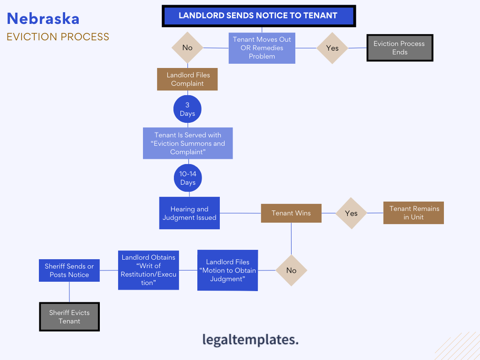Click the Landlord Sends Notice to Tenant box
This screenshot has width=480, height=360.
[258, 15]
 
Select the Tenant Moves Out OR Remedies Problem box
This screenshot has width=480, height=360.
[262, 48]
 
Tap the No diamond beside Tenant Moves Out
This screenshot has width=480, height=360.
[187, 48]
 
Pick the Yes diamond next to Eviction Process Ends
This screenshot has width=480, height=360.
[332, 48]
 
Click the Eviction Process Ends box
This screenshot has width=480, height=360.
[399, 48]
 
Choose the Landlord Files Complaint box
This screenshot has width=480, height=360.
[187, 79]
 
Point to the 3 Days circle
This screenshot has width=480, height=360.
[187, 109]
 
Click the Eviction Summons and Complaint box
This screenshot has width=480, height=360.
[188, 143]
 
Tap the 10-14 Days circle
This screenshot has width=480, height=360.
[188, 178]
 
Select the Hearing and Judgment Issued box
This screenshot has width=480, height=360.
[189, 213]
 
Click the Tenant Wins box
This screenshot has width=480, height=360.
[291, 213]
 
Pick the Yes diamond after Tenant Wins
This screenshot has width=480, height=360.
[351, 213]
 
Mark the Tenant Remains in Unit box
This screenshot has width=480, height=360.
[414, 213]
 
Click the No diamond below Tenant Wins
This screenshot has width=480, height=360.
[291, 270]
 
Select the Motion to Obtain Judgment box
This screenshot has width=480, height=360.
[228, 270]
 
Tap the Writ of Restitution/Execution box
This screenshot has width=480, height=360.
[149, 270]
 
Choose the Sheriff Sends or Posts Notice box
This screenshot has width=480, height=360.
[69, 270]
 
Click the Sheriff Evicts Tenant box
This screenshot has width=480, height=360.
[69, 317]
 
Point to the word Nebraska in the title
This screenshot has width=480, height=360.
[43, 19]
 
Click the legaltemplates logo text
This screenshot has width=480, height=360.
[250, 339]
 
